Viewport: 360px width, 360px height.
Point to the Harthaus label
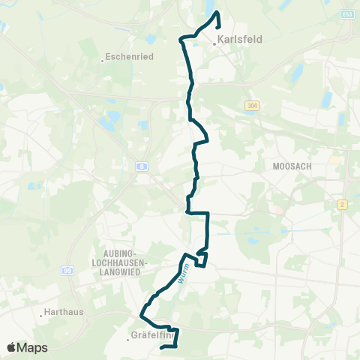[x=64, y=310]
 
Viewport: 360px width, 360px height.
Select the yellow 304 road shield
[x=250, y=106]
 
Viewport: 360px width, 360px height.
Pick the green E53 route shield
[x=347, y=13]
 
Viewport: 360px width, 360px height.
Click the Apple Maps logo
[x=27, y=347]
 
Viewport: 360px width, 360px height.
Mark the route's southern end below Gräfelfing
[x=163, y=346]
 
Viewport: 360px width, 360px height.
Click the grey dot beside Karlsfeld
[x=214, y=43]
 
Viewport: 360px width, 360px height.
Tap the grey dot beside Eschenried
[x=102, y=60]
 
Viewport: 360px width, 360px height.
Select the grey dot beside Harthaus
[x=40, y=315]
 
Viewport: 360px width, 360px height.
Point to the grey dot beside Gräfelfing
[x=128, y=339]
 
